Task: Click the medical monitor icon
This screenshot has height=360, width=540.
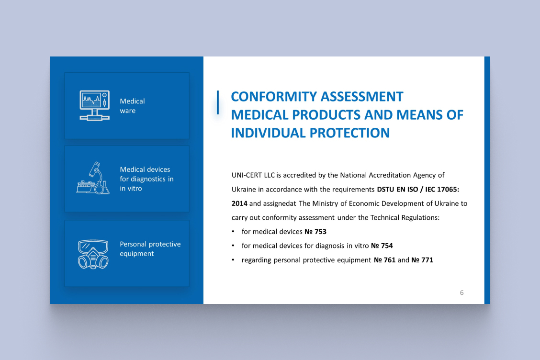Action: coord(95,105)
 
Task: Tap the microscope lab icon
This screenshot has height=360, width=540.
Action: coord(93,178)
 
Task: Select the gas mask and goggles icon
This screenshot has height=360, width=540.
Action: coord(93,254)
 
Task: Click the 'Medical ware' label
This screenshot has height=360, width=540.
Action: coord(132,106)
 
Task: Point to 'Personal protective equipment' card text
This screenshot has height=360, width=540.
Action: coord(150,249)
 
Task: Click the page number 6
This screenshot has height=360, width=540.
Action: coord(462,292)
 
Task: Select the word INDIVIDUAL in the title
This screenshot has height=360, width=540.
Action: coord(268,133)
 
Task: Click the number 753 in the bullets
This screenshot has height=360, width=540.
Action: coord(321,232)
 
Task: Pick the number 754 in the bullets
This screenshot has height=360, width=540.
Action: coord(387,246)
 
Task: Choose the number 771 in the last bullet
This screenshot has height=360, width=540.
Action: coord(427,260)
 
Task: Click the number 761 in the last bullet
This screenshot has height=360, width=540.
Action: coord(390,260)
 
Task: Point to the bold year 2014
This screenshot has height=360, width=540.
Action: coord(239,203)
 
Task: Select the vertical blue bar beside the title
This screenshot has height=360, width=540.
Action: coord(218,102)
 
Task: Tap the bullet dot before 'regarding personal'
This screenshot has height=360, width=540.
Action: coord(233,260)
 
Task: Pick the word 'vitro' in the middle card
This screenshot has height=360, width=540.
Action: coord(134,189)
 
